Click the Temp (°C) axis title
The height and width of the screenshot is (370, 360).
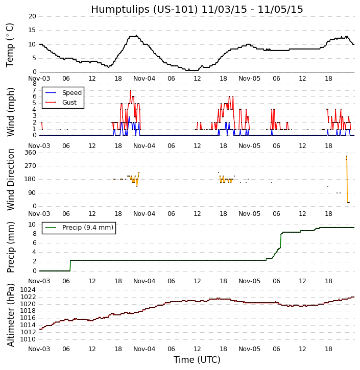click(10, 45)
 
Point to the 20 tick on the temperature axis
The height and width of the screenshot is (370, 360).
click(32, 16)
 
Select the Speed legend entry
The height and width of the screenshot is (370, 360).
click(71, 93)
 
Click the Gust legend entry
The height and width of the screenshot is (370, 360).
click(69, 103)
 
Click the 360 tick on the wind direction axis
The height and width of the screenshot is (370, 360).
click(30, 153)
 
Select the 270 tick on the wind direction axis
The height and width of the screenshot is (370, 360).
click(30, 166)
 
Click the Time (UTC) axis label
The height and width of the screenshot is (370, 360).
click(197, 360)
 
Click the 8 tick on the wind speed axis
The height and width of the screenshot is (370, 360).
click(34, 84)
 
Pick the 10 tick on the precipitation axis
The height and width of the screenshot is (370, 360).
click(32, 225)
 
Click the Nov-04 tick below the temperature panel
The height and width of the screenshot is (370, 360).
click(145, 79)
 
